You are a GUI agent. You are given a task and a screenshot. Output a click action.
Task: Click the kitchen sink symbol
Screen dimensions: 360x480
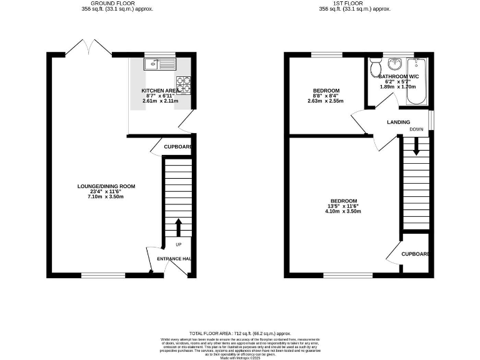point(161,63)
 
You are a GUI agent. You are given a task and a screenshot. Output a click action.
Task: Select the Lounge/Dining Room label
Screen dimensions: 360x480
point(106,186)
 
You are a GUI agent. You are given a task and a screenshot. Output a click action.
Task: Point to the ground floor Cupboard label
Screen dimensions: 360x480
point(177,147)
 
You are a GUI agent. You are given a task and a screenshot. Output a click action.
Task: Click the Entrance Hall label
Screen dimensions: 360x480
point(174,259)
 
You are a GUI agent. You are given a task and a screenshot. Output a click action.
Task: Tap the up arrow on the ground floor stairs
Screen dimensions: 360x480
point(178,226)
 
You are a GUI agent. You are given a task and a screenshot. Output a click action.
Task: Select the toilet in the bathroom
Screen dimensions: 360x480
point(376,65)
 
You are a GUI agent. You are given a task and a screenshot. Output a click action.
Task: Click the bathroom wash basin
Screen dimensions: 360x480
point(395,64)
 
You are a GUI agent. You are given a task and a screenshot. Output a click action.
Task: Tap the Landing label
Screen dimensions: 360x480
point(398,122)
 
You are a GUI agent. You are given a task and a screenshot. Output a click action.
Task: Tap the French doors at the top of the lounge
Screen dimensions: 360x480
point(87,47)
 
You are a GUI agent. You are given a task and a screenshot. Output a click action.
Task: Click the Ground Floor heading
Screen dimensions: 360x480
point(117,3)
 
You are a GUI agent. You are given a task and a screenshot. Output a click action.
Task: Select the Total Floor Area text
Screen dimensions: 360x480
point(240,334)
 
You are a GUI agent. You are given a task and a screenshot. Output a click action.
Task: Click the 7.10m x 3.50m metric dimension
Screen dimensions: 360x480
point(106,197)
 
